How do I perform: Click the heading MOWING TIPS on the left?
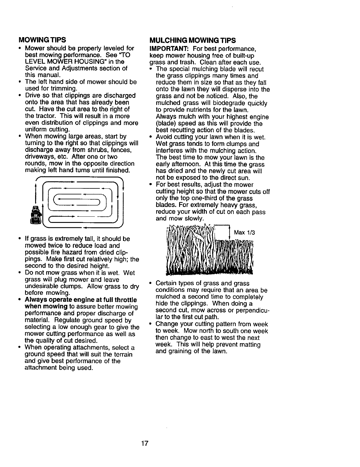(42, 40)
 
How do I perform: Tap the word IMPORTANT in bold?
(166, 48)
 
